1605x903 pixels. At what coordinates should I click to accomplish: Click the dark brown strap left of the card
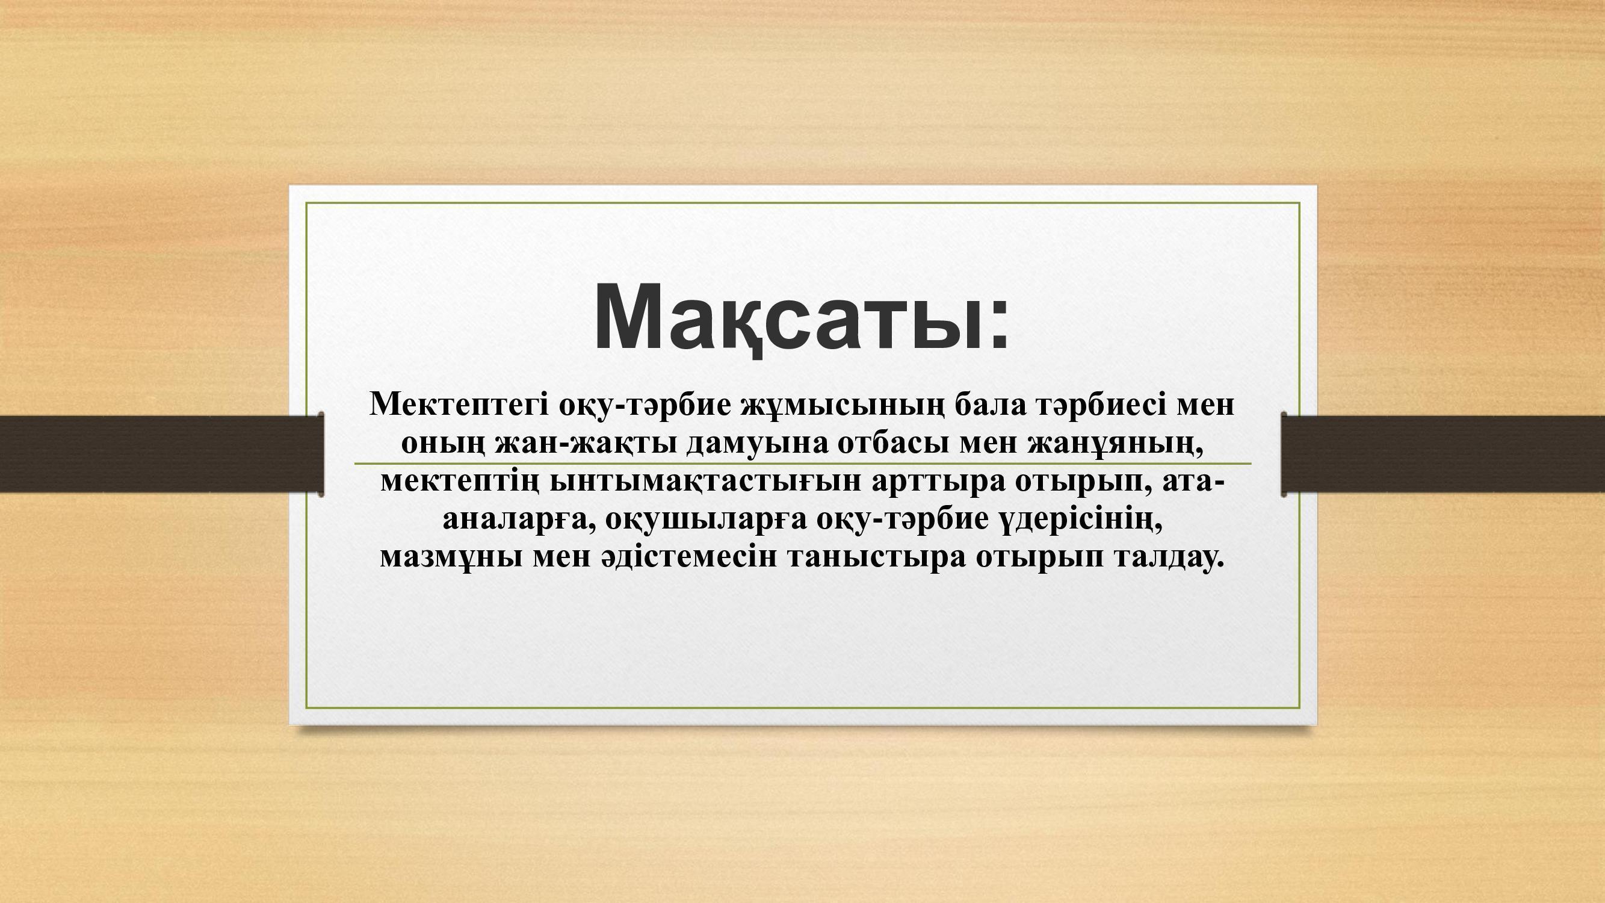(x=161, y=454)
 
